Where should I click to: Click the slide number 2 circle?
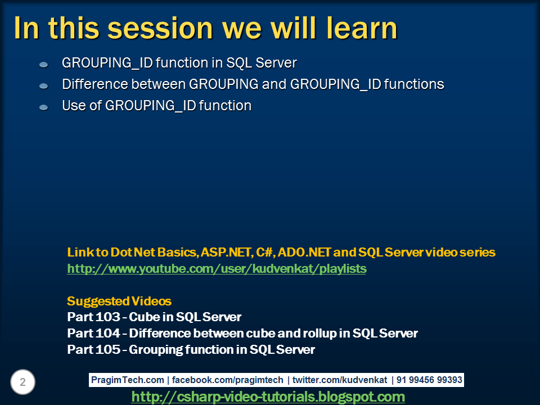pyautogui.click(x=22, y=382)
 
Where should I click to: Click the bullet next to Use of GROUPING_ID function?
pyautogui.click(x=44, y=107)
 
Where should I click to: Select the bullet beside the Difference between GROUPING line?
pyautogui.click(x=44, y=86)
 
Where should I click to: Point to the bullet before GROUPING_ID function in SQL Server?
pyautogui.click(x=44, y=65)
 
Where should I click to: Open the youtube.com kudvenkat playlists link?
pyautogui.click(x=217, y=269)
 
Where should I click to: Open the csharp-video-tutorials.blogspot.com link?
pyautogui.click(x=268, y=397)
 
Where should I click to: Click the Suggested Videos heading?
pyautogui.click(x=119, y=301)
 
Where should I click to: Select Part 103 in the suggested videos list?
pyautogui.click(x=92, y=317)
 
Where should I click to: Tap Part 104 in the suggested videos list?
pyautogui.click(x=92, y=334)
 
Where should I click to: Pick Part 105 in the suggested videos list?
pyautogui.click(x=92, y=350)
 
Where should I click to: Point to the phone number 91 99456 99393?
pyautogui.click(x=429, y=380)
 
